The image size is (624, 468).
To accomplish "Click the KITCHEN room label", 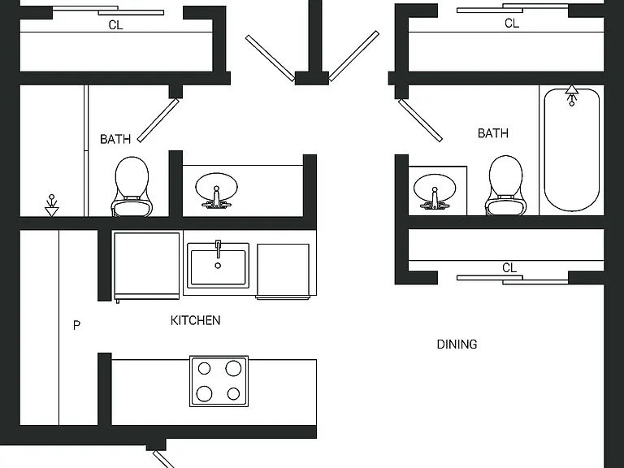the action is tap(195, 320).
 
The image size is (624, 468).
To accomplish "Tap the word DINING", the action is tap(457, 344).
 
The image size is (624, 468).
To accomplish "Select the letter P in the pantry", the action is tap(77, 326).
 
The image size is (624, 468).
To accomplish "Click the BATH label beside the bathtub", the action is tap(493, 133).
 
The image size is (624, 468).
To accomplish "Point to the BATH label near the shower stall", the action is tap(115, 139).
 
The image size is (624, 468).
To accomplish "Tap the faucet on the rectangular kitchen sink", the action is tap(218, 249).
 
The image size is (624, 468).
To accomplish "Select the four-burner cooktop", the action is tap(219, 381).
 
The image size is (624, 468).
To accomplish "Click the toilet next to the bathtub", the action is tap(506, 185).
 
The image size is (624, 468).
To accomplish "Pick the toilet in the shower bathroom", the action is tap(132, 186).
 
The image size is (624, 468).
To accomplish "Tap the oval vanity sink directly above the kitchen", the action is tap(216, 191).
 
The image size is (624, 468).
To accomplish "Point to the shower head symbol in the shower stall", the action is tap(51, 206).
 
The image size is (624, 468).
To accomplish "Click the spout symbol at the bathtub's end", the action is tap(572, 96).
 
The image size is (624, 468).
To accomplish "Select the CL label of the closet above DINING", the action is tap(509, 268).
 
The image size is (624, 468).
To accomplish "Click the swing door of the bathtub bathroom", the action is tap(420, 120).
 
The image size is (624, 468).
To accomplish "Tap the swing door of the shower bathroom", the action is tap(158, 120).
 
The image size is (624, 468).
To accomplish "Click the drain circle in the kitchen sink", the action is tap(218, 266).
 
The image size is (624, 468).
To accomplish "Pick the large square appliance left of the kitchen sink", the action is tap(146, 266).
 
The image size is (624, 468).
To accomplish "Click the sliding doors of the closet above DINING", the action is tap(513, 279).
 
